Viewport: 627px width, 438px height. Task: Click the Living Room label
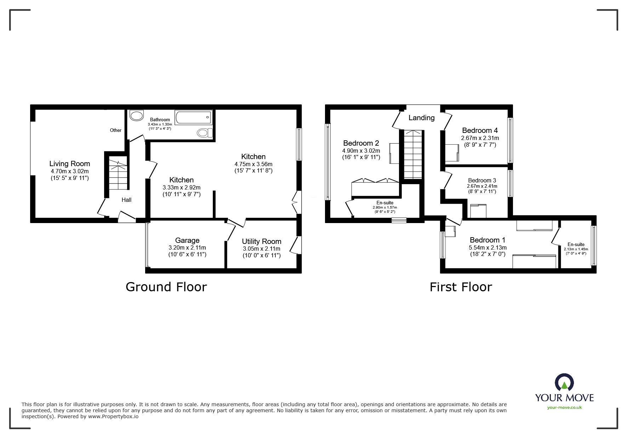[69, 164]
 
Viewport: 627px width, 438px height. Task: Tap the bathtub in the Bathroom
[193, 117]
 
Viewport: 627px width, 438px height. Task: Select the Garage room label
[187, 240]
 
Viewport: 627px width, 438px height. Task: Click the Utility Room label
[261, 241]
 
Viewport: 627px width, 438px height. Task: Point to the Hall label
[126, 200]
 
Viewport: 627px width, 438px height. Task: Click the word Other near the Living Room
[115, 130]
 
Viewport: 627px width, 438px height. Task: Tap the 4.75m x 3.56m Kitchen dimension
[253, 164]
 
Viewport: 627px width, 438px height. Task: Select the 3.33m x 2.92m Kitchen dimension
[181, 188]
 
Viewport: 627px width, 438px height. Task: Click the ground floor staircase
[118, 175]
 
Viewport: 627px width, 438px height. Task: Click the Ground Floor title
[166, 287]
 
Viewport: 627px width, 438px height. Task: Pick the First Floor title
[461, 287]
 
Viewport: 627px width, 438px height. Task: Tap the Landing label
[421, 118]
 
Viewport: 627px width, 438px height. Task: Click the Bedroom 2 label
[361, 143]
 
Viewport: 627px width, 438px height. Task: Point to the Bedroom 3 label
[482, 180]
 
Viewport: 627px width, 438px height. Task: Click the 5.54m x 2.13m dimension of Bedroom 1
[488, 248]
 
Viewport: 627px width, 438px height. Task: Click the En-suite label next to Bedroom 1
[576, 244]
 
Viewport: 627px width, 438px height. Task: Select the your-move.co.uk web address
[564, 408]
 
